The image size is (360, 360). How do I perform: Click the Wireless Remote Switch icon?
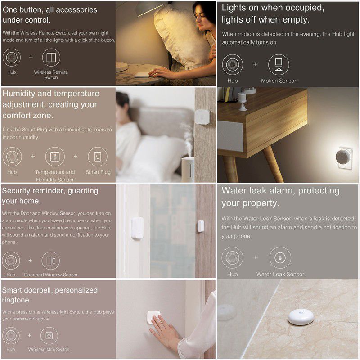(x=51, y=58)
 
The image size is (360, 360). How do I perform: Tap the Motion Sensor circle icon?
(x=279, y=64)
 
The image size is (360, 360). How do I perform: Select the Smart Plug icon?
(x=98, y=157)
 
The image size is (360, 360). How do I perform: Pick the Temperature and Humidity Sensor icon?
(x=55, y=157)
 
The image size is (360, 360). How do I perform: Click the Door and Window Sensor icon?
(x=51, y=261)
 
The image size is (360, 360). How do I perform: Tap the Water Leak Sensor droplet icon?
(x=280, y=257)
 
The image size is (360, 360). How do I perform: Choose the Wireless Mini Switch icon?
(x=49, y=336)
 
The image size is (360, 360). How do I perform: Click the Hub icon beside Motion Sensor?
(x=232, y=64)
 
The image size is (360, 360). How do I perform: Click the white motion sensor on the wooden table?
(x=242, y=101)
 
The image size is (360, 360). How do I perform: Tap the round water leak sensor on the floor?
(x=301, y=317)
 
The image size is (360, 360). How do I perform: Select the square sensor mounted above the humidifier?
(x=202, y=117)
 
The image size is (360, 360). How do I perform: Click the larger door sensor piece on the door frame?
(x=137, y=228)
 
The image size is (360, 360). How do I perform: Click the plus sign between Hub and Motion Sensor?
(x=255, y=64)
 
